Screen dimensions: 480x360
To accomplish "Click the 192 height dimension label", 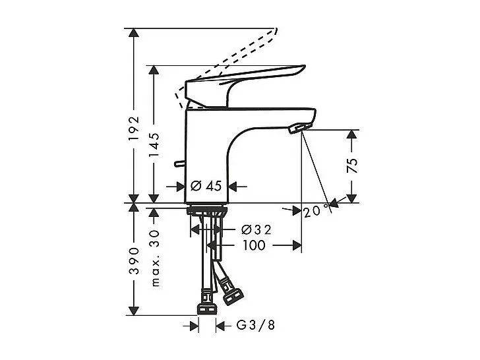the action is coord(134,128).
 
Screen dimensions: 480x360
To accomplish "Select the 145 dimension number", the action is coord(154,145).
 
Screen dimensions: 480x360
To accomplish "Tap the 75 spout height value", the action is coord(352,165).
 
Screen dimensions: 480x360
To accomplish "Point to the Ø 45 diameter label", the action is coord(206,186).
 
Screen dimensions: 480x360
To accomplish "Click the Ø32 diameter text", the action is coord(256,229).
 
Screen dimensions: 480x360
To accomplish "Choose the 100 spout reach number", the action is coord(254,245).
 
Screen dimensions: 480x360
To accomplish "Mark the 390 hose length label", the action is coord(134,260).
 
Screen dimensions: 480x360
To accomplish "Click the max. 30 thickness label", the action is coord(155,258).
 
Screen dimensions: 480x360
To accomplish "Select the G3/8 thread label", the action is coord(256,325).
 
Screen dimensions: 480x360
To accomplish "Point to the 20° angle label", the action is coord(317,211).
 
